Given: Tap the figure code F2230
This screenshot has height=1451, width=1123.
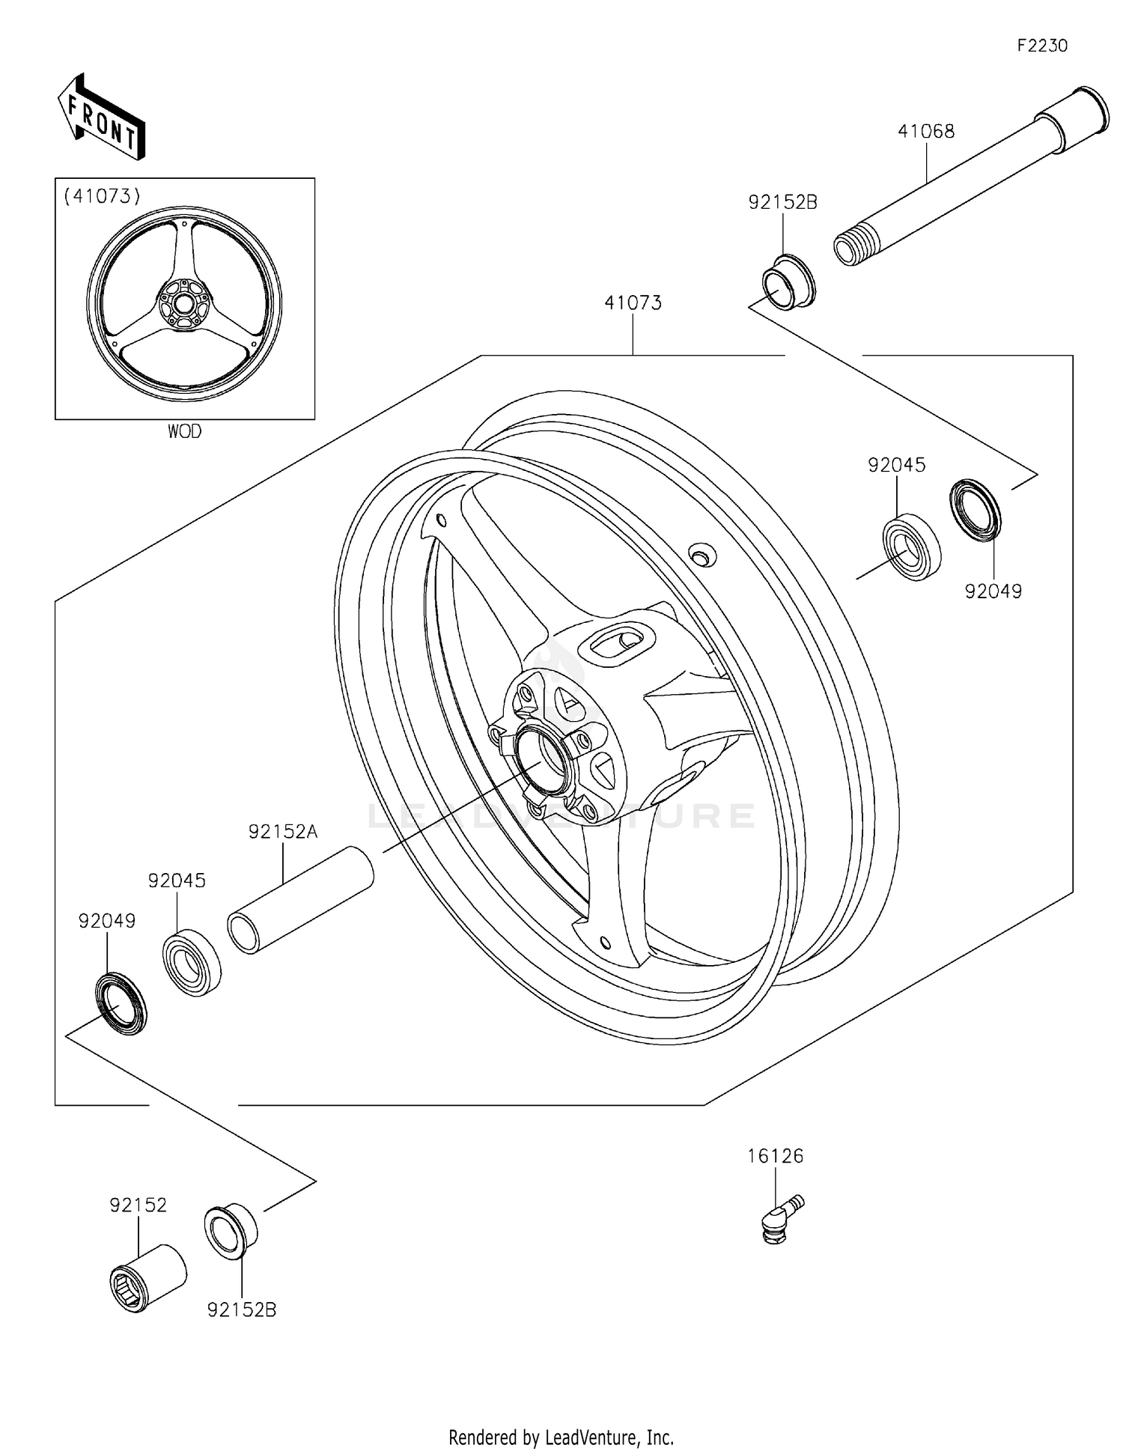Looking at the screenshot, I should (x=1042, y=46).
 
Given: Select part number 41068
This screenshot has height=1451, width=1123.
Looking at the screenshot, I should (x=926, y=132).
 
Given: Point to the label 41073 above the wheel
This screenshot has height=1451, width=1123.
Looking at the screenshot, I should (x=633, y=303).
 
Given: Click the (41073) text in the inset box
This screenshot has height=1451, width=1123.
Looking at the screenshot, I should (x=103, y=196).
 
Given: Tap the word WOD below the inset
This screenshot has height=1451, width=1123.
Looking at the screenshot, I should (x=184, y=431).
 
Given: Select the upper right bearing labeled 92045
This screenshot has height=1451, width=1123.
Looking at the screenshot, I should (x=911, y=547).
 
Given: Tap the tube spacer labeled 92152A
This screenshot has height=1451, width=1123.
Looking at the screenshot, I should (x=299, y=899).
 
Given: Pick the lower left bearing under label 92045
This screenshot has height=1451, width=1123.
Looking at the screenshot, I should (x=192, y=962).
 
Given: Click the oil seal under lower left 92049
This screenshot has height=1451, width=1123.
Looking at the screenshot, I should (x=121, y=1003).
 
